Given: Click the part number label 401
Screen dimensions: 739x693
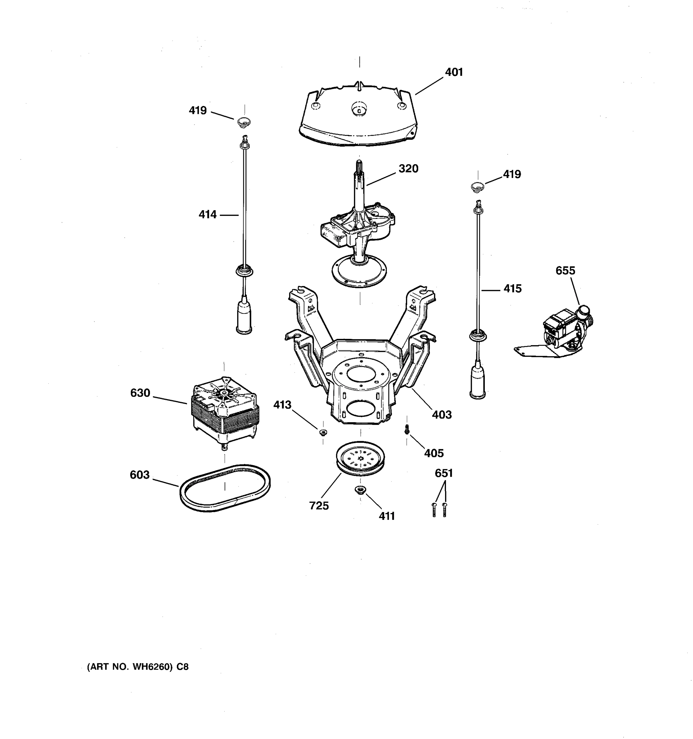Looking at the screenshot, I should coord(454,72).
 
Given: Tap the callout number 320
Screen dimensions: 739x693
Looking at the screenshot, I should coord(408,169).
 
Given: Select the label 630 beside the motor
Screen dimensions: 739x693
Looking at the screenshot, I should coord(140,393).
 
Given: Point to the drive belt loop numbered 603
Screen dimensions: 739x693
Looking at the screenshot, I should coord(225,488).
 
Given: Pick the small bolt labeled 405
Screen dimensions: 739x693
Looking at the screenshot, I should coord(407,429).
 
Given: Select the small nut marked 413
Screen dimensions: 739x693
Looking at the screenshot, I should coord(323,432).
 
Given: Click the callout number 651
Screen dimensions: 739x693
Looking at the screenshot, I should coord(444,473).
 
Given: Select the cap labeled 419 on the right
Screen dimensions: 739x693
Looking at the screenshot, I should coord(477,186).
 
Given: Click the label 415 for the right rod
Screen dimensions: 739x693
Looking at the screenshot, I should coord(512,289).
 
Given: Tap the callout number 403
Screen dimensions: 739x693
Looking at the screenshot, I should coord(441,414).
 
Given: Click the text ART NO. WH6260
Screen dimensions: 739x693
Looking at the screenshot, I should coord(138,667).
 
